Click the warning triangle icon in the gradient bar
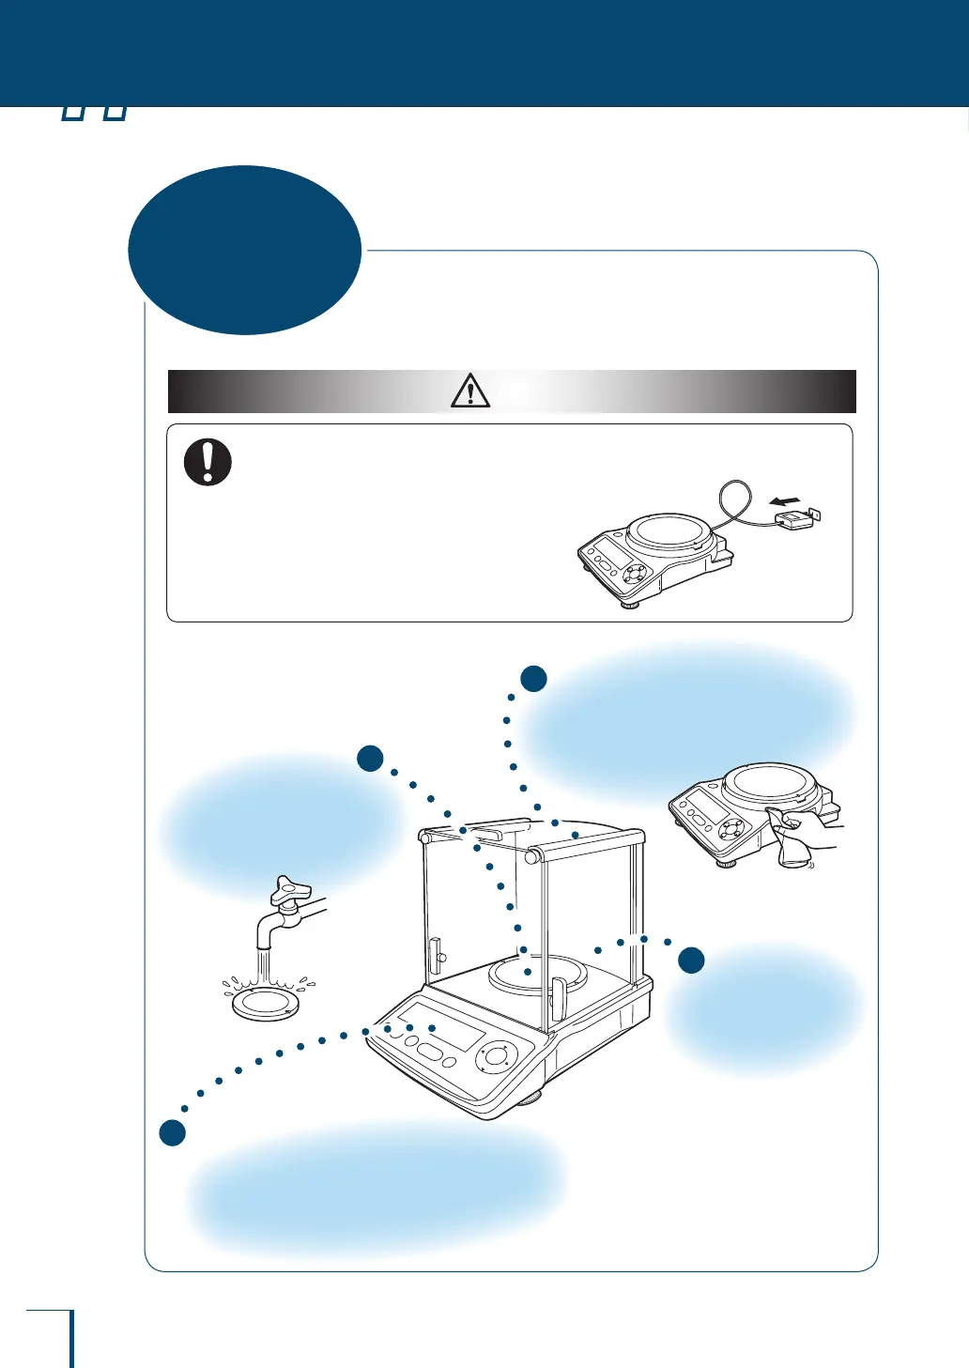pos(470,391)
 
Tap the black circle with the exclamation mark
pos(208,462)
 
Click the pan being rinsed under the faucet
pos(267,1003)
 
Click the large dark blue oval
pos(245,250)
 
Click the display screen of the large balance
pos(440,1025)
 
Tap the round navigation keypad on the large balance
pos(498,1056)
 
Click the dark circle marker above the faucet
pos(370,759)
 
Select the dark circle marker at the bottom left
pos(172,1133)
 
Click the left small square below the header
pos(73,113)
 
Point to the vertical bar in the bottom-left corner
pos(71,1338)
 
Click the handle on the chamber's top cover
pos(497,826)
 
